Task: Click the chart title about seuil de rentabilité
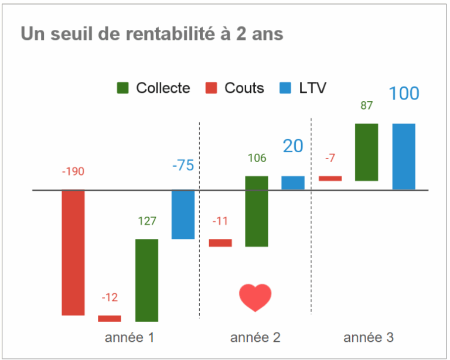(152, 34)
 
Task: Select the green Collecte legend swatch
(123, 88)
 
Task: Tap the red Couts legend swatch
(212, 88)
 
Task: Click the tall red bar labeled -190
(73, 252)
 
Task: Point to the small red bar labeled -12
(110, 318)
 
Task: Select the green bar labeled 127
(146, 280)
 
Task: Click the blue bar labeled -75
(183, 214)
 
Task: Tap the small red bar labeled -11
(220, 243)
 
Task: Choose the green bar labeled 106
(257, 211)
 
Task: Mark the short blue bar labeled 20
(293, 183)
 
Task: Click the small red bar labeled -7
(330, 179)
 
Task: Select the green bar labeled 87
(367, 152)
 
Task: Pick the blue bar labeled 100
(404, 156)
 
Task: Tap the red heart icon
(255, 297)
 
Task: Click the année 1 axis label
(130, 338)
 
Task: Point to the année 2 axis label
(255, 338)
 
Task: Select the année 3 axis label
(369, 338)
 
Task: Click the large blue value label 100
(404, 94)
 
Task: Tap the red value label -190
(73, 172)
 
